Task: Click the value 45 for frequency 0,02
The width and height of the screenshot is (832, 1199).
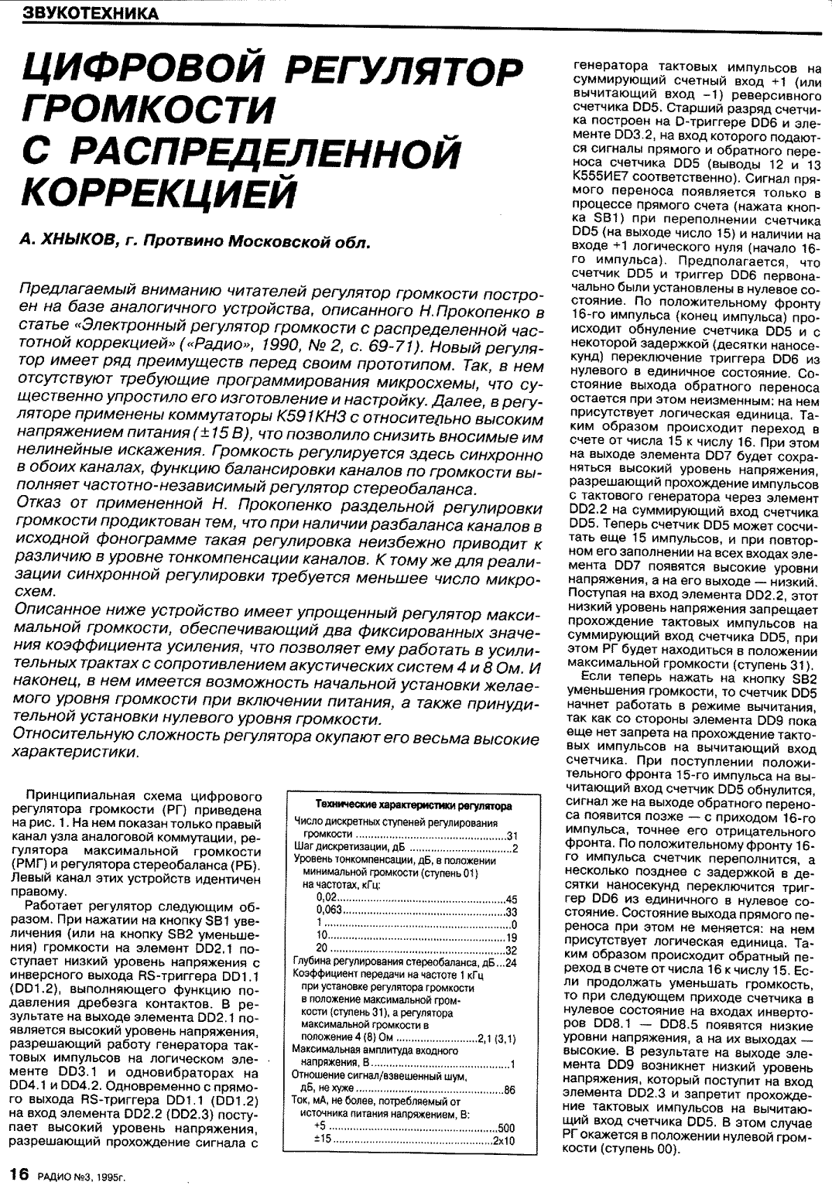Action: (x=511, y=900)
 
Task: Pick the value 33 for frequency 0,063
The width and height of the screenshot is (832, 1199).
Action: (x=511, y=912)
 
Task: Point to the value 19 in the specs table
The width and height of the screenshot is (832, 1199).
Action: (x=511, y=938)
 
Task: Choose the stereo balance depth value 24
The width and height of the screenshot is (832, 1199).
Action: (x=511, y=963)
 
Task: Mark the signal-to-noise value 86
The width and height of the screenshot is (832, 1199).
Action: (x=510, y=1090)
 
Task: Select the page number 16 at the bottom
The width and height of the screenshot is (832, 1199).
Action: (x=18, y=1173)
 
